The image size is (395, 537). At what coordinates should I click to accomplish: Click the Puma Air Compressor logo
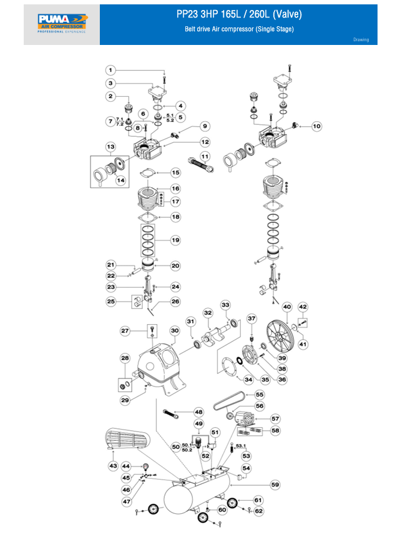[62, 24]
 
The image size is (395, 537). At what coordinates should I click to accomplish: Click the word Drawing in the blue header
[361, 40]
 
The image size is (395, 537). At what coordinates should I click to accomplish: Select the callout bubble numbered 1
[110, 70]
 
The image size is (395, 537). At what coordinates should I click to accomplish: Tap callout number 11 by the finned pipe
[204, 155]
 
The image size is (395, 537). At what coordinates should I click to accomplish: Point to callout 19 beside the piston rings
[175, 240]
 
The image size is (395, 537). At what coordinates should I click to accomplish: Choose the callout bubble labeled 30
[175, 330]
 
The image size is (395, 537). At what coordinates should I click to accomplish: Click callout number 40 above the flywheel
[287, 307]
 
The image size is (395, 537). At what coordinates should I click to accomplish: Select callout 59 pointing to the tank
[275, 485]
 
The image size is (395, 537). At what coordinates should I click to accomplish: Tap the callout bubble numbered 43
[113, 466]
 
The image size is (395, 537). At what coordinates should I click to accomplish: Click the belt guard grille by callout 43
[130, 440]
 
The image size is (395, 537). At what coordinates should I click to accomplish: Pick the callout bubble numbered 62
[259, 510]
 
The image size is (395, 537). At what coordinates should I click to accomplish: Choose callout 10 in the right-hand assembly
[316, 126]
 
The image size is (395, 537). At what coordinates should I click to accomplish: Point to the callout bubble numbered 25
[112, 302]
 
